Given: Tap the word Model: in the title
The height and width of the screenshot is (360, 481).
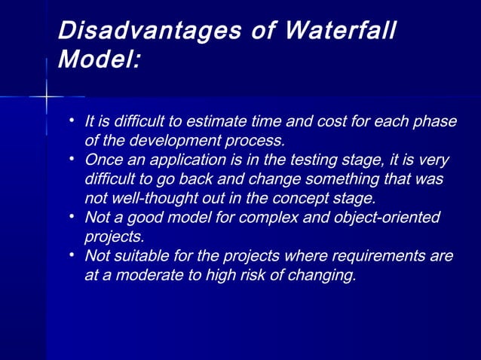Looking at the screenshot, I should [x=99, y=60].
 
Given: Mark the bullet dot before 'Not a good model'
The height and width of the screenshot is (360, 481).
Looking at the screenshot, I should [x=70, y=217].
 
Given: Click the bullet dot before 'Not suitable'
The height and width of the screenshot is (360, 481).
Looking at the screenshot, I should [x=70, y=255].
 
